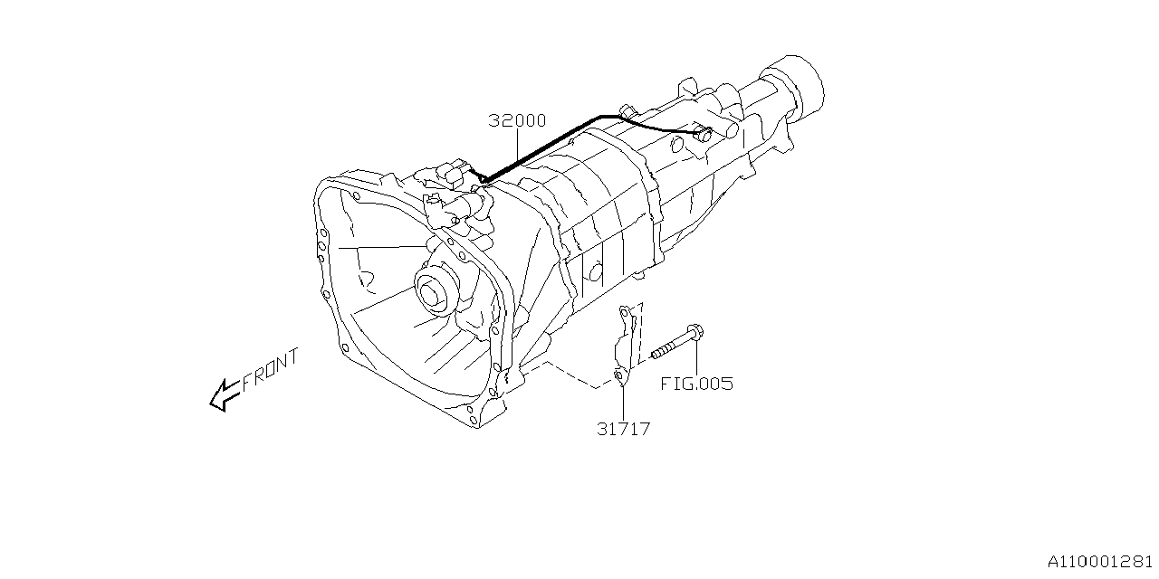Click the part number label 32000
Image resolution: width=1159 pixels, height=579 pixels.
(x=517, y=120)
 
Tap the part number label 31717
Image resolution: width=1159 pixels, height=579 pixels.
(x=624, y=429)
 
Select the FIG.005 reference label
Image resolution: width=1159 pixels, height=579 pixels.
(x=697, y=384)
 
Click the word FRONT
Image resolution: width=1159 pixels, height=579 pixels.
(x=271, y=369)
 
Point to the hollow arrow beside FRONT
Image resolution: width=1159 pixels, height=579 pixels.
(x=225, y=395)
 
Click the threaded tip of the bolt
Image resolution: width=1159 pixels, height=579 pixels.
(x=655, y=354)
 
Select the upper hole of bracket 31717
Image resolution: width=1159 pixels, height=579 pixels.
(x=625, y=313)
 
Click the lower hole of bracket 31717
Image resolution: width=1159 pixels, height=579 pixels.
(x=618, y=375)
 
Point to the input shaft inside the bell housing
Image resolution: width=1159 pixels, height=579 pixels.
(x=430, y=293)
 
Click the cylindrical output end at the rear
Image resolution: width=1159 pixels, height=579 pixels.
(x=797, y=86)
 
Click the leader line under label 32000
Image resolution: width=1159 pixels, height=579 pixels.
(x=517, y=146)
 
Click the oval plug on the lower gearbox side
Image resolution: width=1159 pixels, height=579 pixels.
(x=595, y=272)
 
